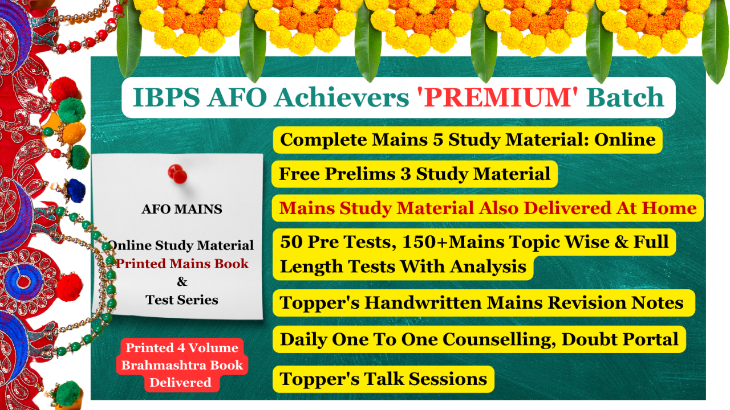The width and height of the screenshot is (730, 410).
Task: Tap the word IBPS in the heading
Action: tap(166, 97)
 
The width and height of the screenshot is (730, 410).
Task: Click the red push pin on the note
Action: tap(177, 174)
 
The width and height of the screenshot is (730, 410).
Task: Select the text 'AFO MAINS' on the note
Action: tap(182, 209)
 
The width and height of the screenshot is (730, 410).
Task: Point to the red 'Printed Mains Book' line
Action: tap(182, 264)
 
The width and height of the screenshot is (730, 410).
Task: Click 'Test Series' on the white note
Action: tap(182, 300)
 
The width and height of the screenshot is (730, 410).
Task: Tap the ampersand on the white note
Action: tap(182, 281)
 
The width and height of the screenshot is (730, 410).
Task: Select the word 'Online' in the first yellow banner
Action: tap(624, 140)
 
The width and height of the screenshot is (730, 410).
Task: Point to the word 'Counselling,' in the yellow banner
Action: tap(499, 339)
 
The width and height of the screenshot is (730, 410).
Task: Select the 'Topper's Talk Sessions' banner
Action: tap(383, 379)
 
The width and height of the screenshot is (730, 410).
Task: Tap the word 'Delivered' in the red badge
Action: tap(180, 382)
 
